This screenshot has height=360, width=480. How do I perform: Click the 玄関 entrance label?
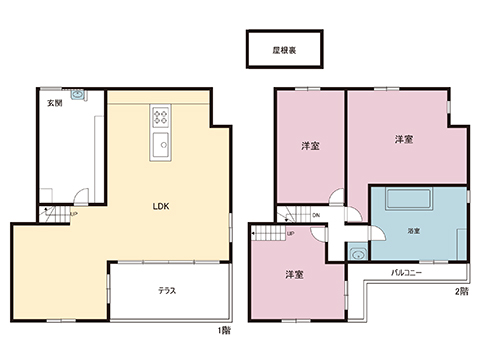[x=52, y=104]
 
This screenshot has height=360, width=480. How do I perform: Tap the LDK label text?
[x=160, y=207]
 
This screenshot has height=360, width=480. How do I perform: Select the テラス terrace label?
[x=167, y=291]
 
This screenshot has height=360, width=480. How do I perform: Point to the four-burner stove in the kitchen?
[x=161, y=119]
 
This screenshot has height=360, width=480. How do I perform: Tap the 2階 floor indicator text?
[x=461, y=291]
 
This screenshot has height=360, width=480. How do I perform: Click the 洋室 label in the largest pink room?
[x=404, y=139]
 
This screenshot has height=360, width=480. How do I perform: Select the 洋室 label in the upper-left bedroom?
[x=310, y=147]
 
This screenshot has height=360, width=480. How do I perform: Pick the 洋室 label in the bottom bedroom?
[x=294, y=274]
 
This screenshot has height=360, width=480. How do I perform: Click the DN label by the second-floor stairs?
[x=315, y=214]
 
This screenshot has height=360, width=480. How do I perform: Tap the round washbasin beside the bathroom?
[x=359, y=254]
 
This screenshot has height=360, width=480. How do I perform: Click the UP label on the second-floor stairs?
[x=291, y=234]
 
